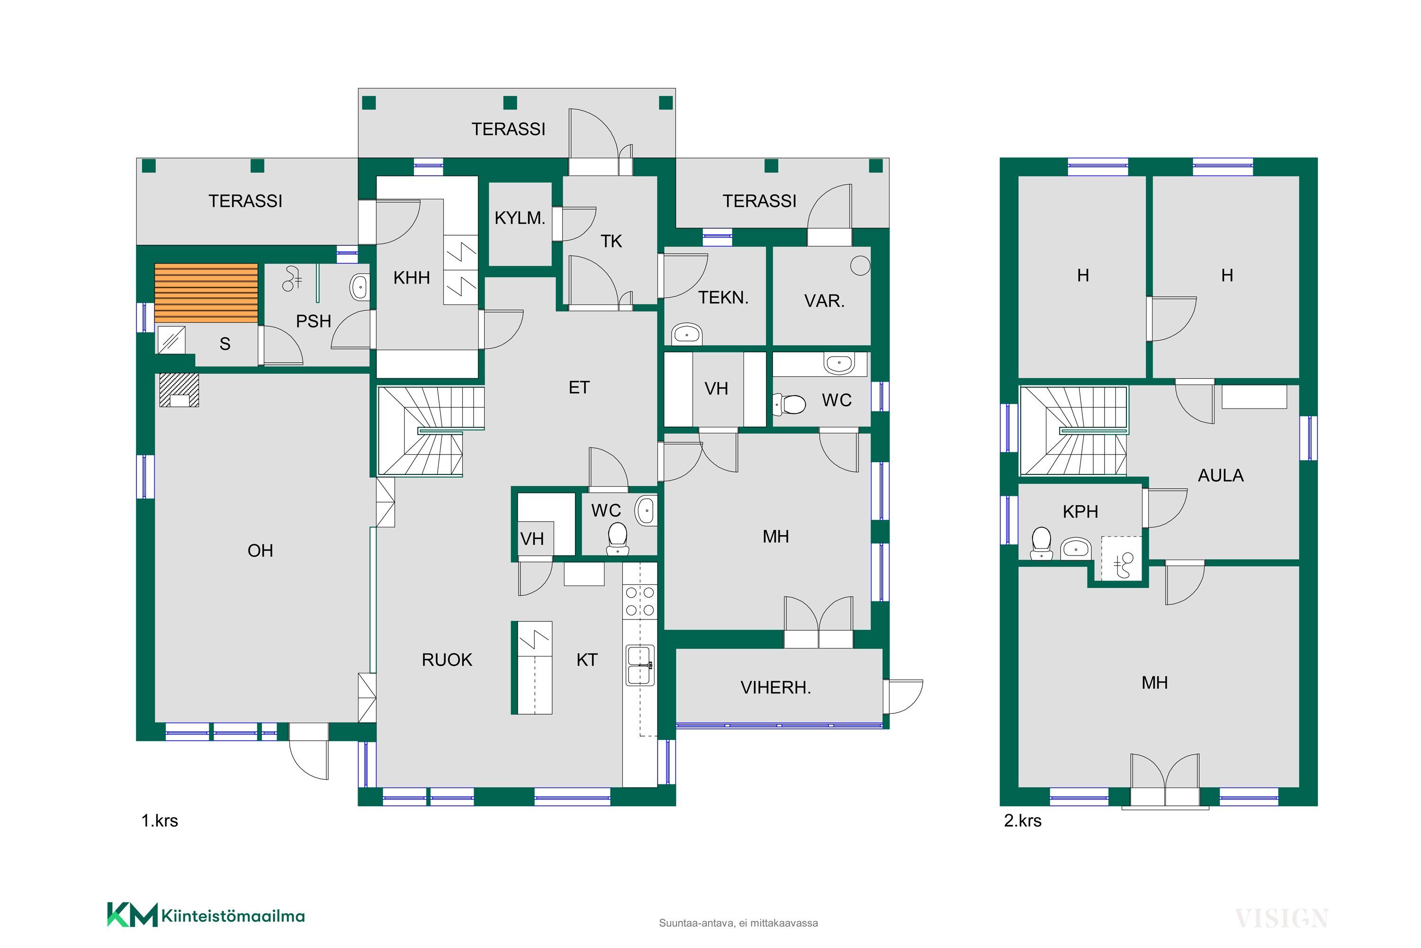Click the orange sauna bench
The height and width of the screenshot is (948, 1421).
pyautogui.click(x=206, y=293)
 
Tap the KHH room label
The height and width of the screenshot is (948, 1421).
pyautogui.click(x=412, y=278)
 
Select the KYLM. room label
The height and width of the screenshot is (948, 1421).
pyautogui.click(x=520, y=218)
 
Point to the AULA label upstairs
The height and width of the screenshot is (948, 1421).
pyautogui.click(x=1221, y=476)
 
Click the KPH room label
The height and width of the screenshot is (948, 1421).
pyautogui.click(x=1080, y=511)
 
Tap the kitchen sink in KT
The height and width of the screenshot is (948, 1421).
pyautogui.click(x=640, y=665)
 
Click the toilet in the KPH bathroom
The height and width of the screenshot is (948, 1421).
pyautogui.click(x=1042, y=543)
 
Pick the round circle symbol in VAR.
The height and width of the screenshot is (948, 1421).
pyautogui.click(x=860, y=265)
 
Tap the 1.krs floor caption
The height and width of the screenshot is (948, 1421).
pyautogui.click(x=160, y=820)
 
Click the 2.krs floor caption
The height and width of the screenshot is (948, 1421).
pyautogui.click(x=1022, y=820)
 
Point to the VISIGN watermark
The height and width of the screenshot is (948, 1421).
pyautogui.click(x=1281, y=919)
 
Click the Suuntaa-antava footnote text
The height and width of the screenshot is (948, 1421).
pyautogui.click(x=738, y=923)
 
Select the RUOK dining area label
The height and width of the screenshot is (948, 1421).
pyautogui.click(x=447, y=660)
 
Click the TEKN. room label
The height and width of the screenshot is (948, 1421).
pyautogui.click(x=723, y=298)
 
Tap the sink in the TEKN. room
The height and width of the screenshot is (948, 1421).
pyautogui.click(x=687, y=334)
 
